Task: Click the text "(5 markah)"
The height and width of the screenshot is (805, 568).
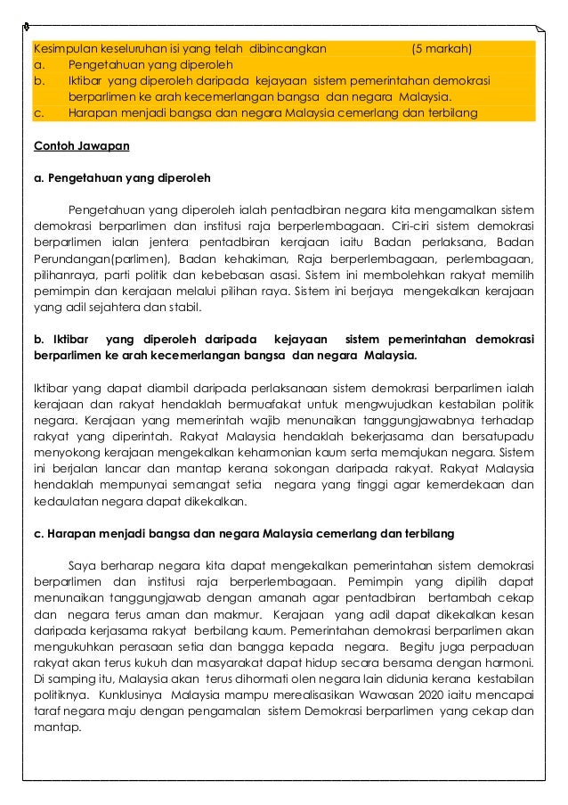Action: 442,48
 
